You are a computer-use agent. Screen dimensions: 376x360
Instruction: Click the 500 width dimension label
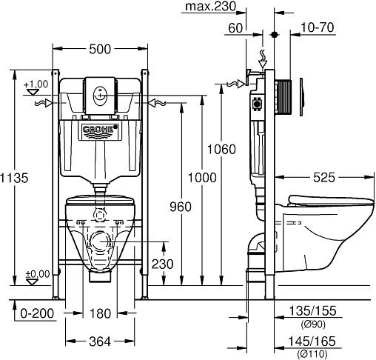[100, 49]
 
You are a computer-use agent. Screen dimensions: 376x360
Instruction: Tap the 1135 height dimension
[14, 178]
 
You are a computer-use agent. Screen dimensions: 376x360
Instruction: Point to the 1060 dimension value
[221, 150]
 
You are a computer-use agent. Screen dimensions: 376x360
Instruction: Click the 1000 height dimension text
[202, 178]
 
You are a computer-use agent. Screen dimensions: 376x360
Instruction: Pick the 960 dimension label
[181, 207]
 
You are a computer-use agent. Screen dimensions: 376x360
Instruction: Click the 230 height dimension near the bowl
[162, 264]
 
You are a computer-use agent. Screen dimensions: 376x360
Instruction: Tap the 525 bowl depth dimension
[324, 177]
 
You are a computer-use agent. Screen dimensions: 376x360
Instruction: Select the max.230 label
[210, 6]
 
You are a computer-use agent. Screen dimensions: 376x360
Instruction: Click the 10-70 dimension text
[318, 27]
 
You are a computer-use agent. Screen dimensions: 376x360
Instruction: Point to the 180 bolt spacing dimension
[100, 313]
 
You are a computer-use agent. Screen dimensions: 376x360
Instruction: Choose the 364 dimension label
[100, 341]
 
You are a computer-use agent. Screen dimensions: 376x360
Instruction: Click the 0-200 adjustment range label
[37, 313]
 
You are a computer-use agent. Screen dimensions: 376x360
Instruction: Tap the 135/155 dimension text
[312, 311]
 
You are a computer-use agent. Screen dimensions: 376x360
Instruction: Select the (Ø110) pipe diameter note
[312, 354]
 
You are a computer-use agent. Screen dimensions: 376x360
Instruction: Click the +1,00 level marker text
[36, 84]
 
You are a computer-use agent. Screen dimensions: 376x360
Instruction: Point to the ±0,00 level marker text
[38, 274]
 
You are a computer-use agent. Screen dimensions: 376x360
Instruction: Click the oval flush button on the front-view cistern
[100, 95]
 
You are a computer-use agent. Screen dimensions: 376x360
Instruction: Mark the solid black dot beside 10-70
[275, 35]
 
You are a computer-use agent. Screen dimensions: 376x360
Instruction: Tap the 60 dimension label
[235, 28]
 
